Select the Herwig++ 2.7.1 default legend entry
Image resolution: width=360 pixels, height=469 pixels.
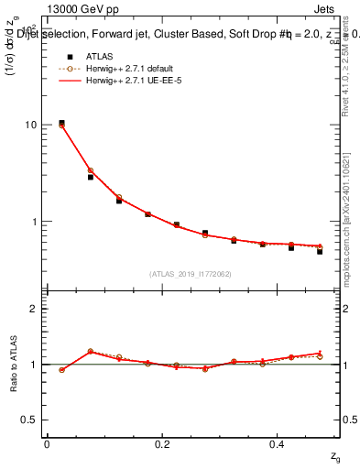point(119,69)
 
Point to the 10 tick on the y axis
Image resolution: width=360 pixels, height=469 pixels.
point(30,125)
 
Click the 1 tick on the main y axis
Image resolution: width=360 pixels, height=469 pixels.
point(33,222)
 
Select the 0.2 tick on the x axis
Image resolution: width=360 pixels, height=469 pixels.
point(163,443)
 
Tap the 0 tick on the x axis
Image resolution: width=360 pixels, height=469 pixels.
point(47,443)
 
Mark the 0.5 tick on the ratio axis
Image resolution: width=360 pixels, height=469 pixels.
point(27,420)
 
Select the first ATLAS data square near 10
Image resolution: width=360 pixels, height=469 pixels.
point(61,123)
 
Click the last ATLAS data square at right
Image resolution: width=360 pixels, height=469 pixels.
point(320,251)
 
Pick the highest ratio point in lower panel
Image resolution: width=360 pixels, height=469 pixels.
point(90,351)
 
